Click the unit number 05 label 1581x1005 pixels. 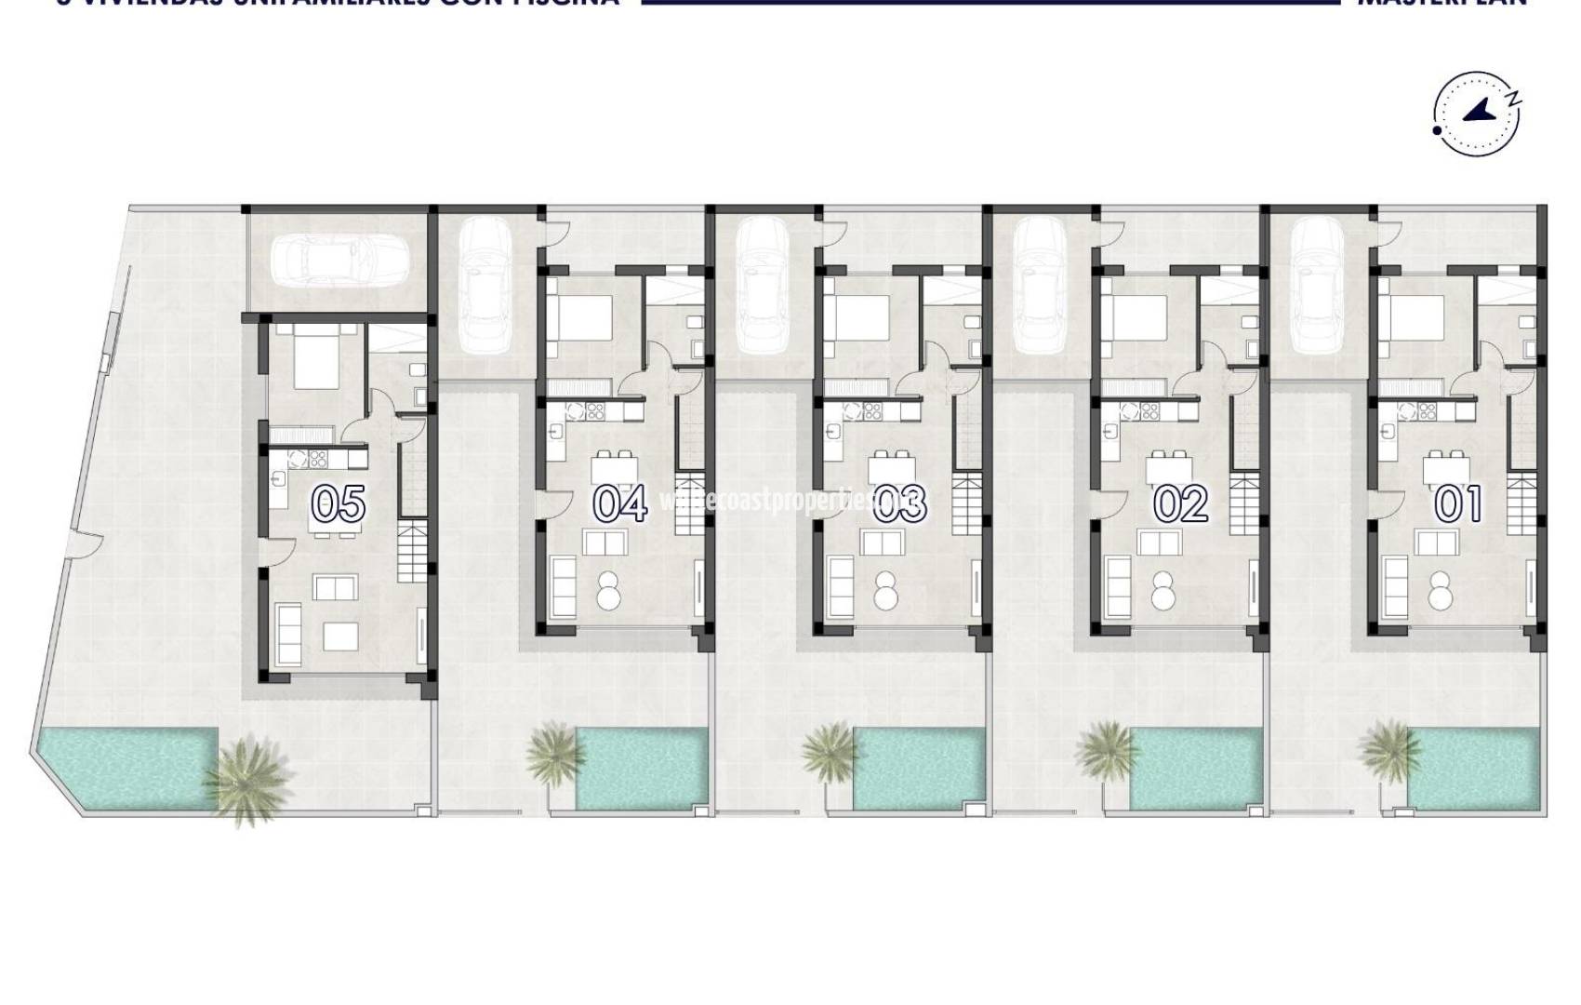click(338, 504)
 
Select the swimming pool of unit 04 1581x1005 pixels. click(640, 768)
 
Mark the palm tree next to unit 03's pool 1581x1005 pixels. click(829, 750)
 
